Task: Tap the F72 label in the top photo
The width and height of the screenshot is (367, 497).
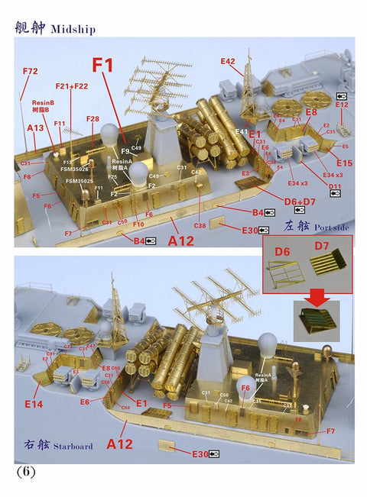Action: coord(30,71)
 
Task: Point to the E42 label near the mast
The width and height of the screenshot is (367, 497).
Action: coord(228,60)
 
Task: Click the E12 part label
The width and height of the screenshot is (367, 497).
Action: coord(341,105)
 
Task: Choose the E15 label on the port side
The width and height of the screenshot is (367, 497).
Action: coord(344,163)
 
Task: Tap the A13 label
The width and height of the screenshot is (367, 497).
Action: coord(35,128)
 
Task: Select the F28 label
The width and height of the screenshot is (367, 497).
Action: coord(93,119)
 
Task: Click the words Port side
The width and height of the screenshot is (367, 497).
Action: coord(326,226)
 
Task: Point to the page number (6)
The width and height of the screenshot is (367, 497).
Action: coord(26,472)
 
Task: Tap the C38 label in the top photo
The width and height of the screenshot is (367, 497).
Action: coord(200,225)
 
